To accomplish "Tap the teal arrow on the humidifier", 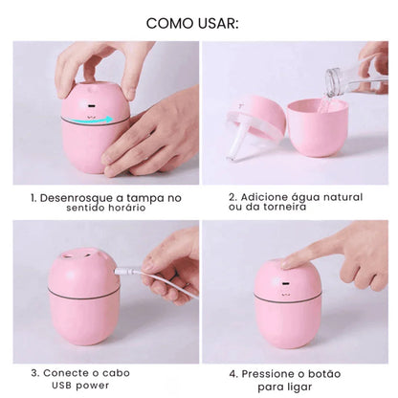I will click(96, 120).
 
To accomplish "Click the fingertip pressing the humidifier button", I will click(288, 259).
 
